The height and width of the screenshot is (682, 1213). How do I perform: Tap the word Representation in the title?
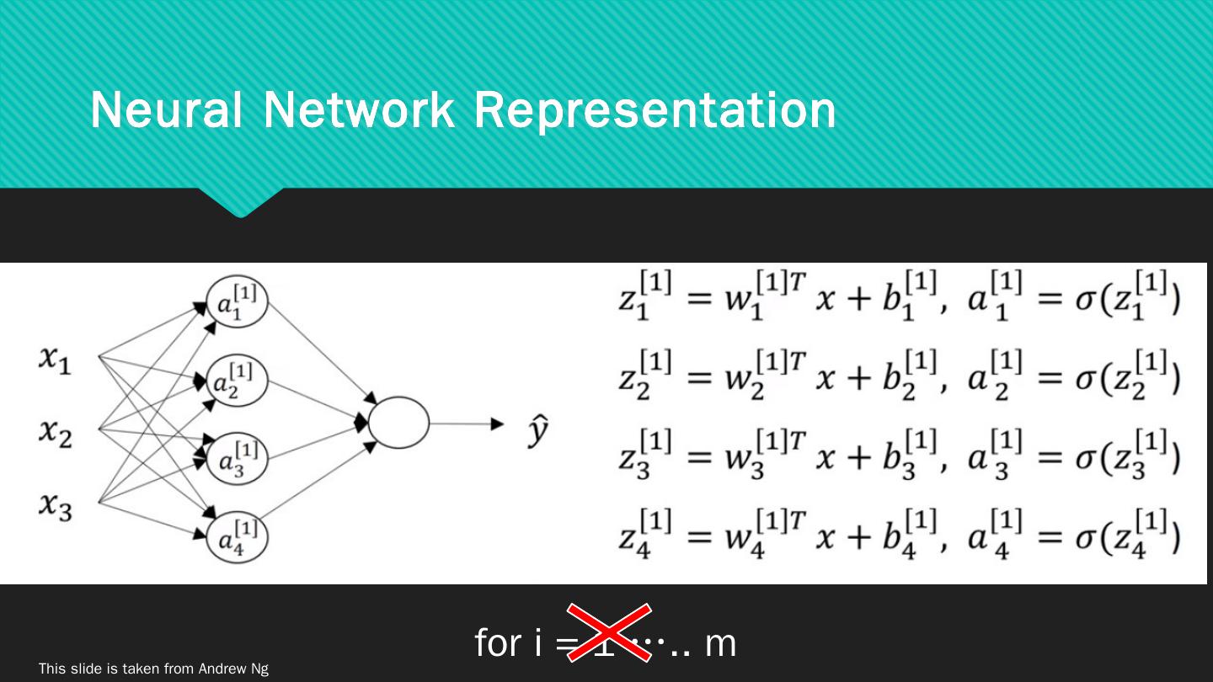point(655,109)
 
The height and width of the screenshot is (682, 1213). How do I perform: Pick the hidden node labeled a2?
point(238,381)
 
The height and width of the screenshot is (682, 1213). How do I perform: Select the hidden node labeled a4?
point(238,537)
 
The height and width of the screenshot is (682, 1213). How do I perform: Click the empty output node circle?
point(398,423)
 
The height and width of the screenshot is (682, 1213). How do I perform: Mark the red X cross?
point(609,632)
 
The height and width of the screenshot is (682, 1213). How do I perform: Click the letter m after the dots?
point(721,644)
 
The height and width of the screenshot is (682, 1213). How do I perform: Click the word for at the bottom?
point(498,643)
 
